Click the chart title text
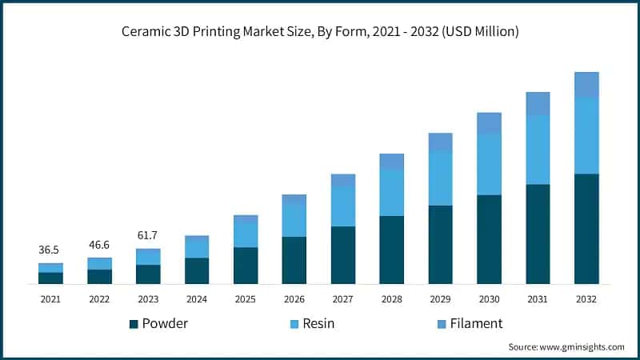[x=320, y=32]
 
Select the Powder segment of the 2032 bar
[x=586, y=229]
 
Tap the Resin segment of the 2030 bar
[x=489, y=164]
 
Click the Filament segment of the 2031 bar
[x=538, y=103]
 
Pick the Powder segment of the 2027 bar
[x=342, y=255]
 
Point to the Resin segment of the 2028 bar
[x=391, y=193]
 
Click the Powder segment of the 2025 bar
[x=246, y=266]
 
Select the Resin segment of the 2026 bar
[x=294, y=220]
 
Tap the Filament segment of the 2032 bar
[x=586, y=85]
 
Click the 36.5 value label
[x=50, y=250]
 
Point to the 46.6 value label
[x=99, y=245]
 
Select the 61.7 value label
[x=148, y=235]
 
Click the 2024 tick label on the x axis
[x=197, y=298]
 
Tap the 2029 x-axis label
[x=440, y=298]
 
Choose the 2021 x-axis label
[x=50, y=298]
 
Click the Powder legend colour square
[x=134, y=324]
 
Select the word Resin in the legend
[x=318, y=324]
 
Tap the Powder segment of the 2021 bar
[x=50, y=278]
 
